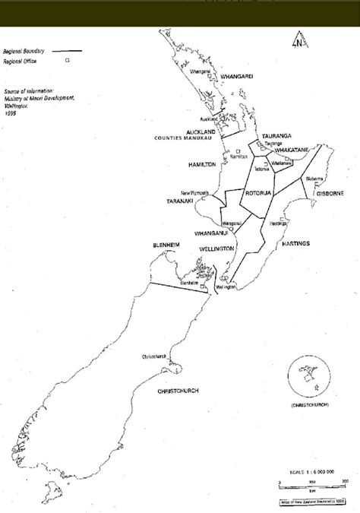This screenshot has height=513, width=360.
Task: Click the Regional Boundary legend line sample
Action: point(69,52)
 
